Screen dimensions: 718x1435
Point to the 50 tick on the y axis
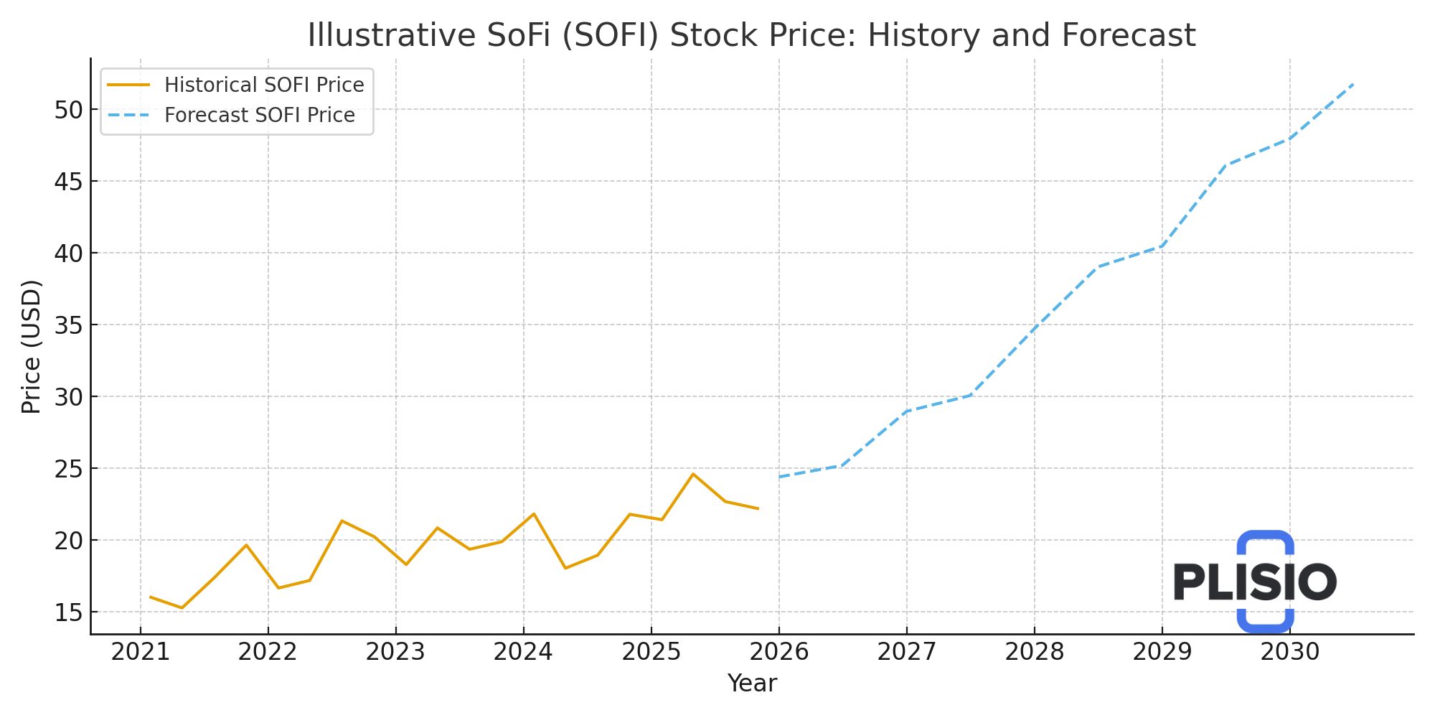tap(69, 110)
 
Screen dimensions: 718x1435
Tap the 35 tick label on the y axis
tap(69, 325)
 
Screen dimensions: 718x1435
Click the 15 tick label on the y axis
tap(69, 612)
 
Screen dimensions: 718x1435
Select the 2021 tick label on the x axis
tap(140, 652)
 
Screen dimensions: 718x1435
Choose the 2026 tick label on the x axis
tap(778, 652)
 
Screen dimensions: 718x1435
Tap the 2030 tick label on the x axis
tap(1289, 652)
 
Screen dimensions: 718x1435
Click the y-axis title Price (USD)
tap(32, 347)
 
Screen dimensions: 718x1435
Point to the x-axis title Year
tap(751, 684)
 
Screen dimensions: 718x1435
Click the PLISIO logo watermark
tap(1255, 582)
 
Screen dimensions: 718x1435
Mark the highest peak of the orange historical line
tap(693, 474)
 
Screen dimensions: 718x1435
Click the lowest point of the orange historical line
tap(182, 608)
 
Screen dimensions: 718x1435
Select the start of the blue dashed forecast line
tap(780, 477)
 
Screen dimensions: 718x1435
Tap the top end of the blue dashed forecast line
tap(1352, 85)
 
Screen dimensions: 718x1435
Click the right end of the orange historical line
tap(758, 508)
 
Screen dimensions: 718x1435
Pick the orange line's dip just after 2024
tap(565, 568)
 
